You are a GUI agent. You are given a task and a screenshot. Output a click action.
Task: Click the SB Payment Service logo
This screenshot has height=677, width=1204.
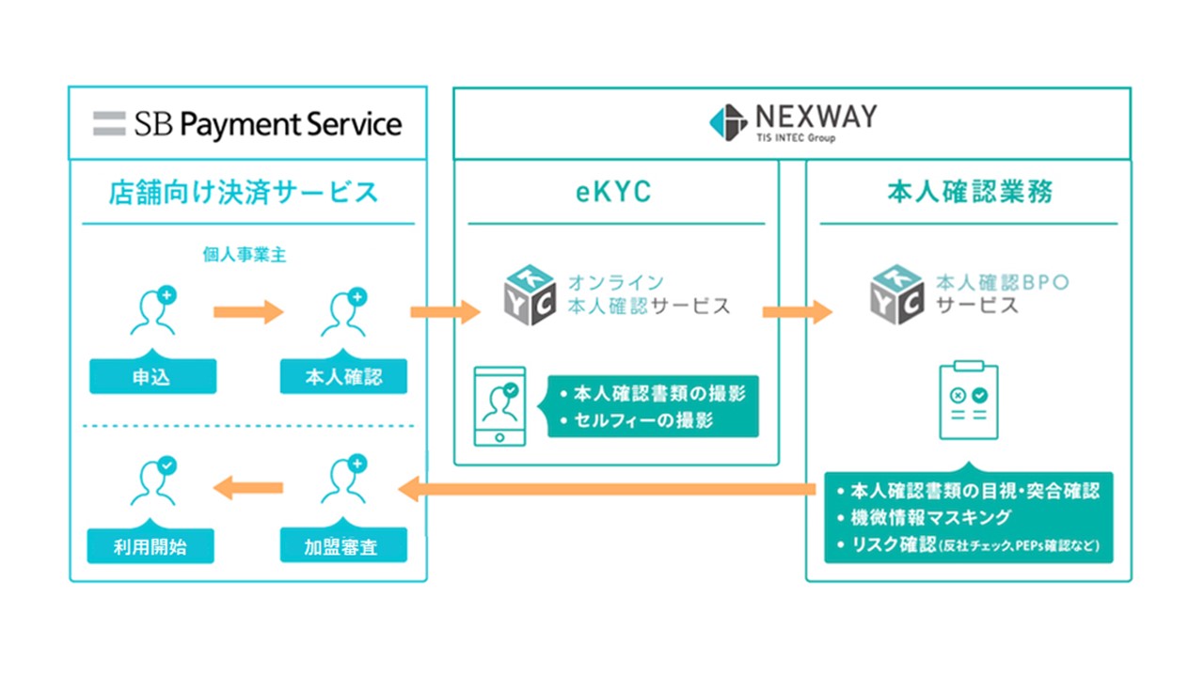coord(247,124)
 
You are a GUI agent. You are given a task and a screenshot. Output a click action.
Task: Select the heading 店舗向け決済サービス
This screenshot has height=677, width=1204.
coord(244,193)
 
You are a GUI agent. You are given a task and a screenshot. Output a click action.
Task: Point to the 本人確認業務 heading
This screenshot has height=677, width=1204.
coord(970,193)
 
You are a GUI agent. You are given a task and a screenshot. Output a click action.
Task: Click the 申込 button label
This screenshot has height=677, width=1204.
coord(152,377)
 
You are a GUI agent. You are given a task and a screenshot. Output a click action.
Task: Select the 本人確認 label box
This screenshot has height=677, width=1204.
coord(343,377)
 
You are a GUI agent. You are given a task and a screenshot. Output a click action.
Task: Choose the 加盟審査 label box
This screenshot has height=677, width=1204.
coord(343,545)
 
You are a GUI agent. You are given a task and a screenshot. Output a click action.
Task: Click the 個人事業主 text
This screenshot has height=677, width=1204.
coord(245,254)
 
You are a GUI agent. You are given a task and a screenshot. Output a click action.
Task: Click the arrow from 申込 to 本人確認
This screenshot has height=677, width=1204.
coord(248,311)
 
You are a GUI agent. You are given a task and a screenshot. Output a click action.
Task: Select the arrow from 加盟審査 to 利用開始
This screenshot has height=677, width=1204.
coord(248,487)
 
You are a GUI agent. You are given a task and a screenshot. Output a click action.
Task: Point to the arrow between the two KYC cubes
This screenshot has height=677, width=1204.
coord(797,311)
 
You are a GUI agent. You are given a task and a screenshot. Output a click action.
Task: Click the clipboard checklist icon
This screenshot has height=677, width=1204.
coord(969,400)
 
